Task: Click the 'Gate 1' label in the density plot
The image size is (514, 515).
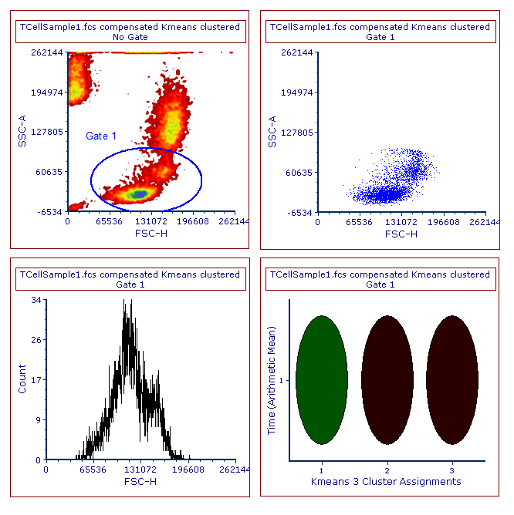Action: click(x=101, y=136)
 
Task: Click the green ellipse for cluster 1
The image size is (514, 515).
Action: click(x=321, y=379)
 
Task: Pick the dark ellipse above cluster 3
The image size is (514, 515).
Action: click(x=452, y=379)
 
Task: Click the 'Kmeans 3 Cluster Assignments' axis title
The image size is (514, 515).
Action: click(x=386, y=482)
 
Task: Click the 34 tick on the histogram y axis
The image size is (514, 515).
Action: click(x=36, y=301)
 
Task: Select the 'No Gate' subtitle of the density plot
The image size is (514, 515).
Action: click(x=130, y=37)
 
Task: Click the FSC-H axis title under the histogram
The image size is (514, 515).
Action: click(x=140, y=482)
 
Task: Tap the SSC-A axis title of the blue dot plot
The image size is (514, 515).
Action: click(x=272, y=132)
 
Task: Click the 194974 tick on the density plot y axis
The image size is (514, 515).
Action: click(x=47, y=93)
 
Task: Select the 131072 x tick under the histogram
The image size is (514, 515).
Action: click(x=140, y=470)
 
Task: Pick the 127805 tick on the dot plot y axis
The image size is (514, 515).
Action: click(x=297, y=133)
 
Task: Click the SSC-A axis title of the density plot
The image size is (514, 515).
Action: click(x=22, y=132)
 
